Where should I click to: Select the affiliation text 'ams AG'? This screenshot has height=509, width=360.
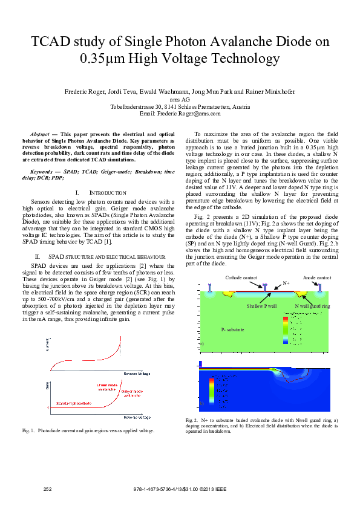click(x=180, y=99)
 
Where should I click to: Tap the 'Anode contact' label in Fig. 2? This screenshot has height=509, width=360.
click(x=317, y=277)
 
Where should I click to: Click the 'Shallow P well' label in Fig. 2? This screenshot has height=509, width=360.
click(x=261, y=306)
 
